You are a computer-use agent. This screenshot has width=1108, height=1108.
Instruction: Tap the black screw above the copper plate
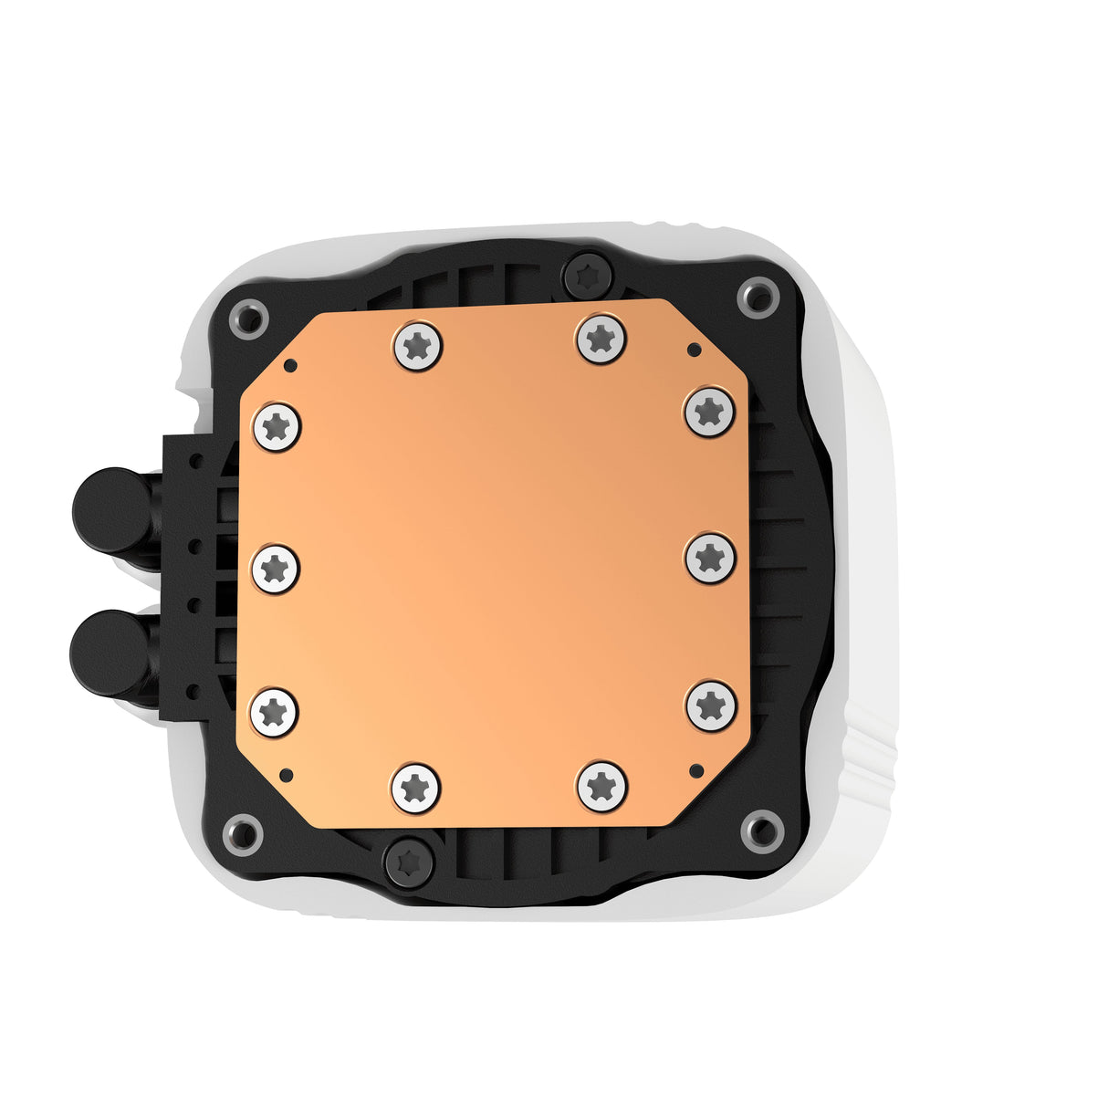[587, 273]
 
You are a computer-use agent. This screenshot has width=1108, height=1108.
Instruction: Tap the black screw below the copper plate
[409, 860]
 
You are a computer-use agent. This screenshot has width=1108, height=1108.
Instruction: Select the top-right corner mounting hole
[758, 297]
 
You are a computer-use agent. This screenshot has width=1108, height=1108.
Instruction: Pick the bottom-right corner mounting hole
[760, 829]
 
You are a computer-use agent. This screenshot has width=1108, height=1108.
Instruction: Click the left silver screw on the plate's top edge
[418, 346]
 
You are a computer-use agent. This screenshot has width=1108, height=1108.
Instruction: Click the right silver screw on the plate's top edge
[601, 339]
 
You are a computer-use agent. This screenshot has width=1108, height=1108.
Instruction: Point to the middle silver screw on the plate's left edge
[275, 570]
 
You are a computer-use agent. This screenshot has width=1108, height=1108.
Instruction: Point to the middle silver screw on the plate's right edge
[710, 559]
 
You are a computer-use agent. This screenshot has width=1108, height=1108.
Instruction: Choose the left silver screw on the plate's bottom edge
[415, 787]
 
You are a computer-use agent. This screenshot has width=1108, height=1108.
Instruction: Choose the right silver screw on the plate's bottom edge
[602, 785]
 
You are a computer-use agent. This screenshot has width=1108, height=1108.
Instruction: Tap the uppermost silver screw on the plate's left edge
[277, 426]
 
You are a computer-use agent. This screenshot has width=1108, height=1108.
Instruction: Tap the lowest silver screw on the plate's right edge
[711, 706]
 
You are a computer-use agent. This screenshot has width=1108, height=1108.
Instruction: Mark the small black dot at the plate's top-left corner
[290, 366]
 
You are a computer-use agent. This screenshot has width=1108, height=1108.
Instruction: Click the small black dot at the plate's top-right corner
[694, 350]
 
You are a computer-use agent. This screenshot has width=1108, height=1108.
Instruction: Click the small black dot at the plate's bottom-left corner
[286, 775]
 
